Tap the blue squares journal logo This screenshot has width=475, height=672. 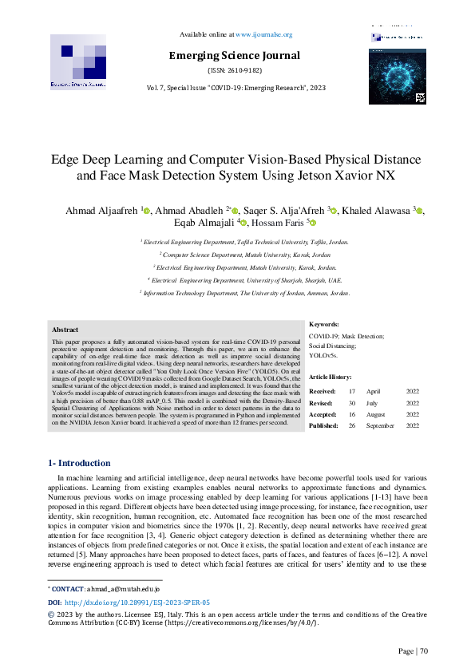pyautogui.click(x=78, y=61)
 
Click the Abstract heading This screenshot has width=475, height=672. pyautogui.click(x=65, y=329)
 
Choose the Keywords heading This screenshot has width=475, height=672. pyautogui.click(x=323, y=324)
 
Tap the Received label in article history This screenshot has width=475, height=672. pyautogui.click(x=322, y=392)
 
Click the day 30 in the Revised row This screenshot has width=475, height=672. pyautogui.click(x=352, y=403)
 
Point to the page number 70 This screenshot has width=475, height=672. pyautogui.click(x=424, y=651)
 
